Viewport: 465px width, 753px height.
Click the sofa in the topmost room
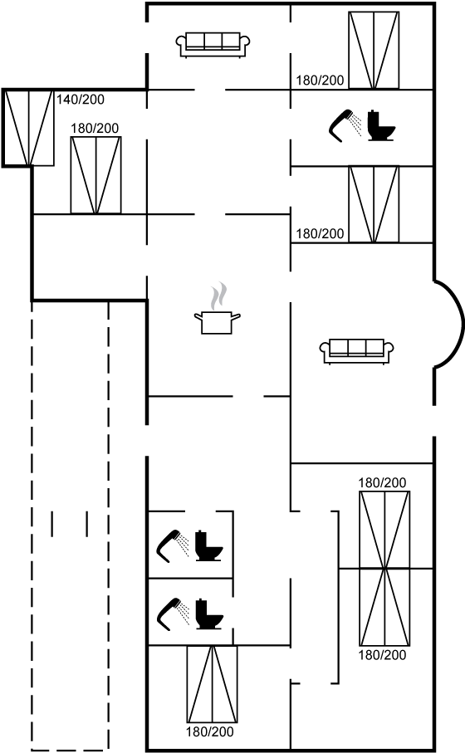(x=213, y=45)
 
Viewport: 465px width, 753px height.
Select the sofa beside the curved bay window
(x=357, y=351)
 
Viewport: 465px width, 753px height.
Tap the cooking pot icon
(x=217, y=322)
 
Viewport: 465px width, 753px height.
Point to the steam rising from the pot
(x=218, y=296)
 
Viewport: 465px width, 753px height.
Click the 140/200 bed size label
(x=81, y=100)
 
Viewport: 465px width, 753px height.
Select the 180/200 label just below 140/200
(x=95, y=128)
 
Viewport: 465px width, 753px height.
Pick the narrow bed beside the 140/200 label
(x=29, y=128)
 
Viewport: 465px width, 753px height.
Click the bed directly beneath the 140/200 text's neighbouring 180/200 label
(x=96, y=175)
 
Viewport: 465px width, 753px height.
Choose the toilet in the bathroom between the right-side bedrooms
(x=381, y=126)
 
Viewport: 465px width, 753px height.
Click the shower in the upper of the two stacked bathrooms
(x=173, y=545)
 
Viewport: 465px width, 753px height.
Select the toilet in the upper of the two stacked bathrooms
(x=209, y=546)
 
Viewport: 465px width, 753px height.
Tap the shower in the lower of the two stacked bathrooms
(x=173, y=614)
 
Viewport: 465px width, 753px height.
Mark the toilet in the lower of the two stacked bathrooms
(x=209, y=614)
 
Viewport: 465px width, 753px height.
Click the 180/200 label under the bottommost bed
(x=210, y=732)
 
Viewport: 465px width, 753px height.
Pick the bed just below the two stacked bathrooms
(x=212, y=684)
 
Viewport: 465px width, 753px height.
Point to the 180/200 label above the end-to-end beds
(x=382, y=482)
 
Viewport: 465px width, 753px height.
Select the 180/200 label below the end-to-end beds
(x=382, y=654)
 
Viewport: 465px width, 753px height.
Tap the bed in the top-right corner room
(x=374, y=51)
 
